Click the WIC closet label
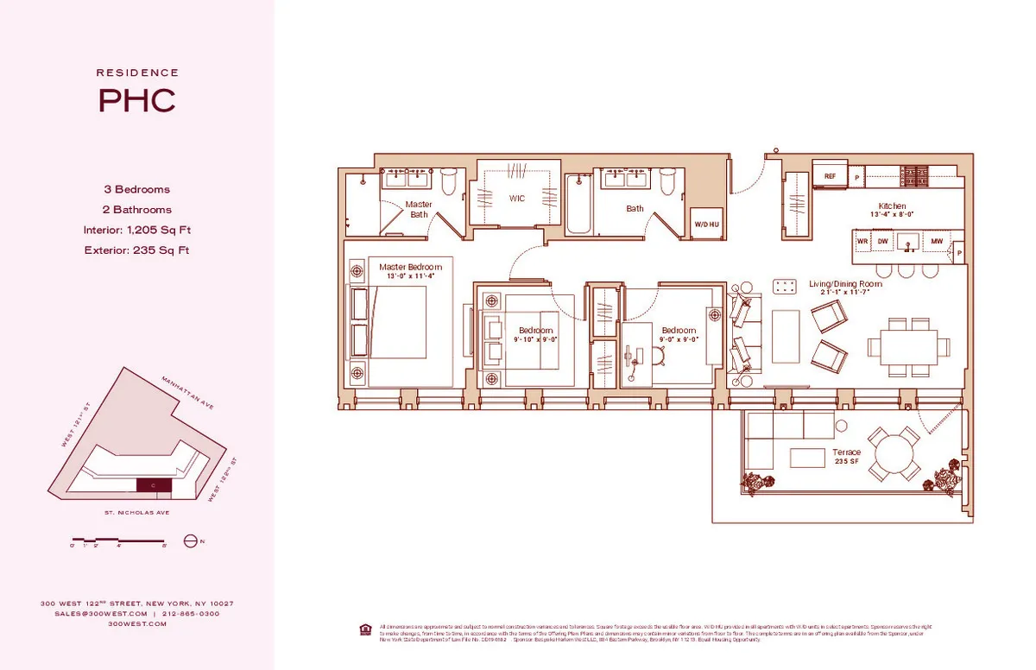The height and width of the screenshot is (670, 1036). tap(516, 199)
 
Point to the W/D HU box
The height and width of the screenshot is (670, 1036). tap(705, 224)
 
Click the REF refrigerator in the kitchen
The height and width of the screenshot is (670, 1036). tap(830, 176)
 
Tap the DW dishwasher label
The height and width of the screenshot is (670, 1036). tap(883, 241)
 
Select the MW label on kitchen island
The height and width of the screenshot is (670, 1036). tap(936, 241)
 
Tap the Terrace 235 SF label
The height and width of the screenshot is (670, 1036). tap(846, 457)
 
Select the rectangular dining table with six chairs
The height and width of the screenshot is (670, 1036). tap(903, 347)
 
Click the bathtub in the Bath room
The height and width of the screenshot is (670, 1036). tap(578, 205)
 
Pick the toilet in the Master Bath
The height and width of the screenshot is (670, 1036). tap(448, 182)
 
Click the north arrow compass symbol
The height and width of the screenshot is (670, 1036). tap(191, 542)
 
